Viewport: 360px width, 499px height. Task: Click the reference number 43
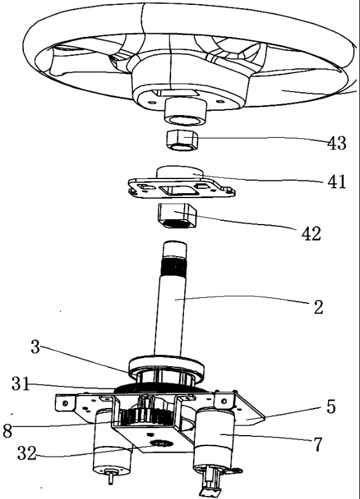click(337, 143)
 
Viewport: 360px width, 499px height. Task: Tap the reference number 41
click(337, 182)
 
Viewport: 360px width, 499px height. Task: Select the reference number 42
click(311, 234)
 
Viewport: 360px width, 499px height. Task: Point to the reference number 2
click(318, 307)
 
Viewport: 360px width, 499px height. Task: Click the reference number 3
click(35, 346)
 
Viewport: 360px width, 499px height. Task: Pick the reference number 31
click(21, 384)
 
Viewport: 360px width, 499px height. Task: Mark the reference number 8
click(7, 431)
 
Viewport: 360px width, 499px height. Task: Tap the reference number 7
click(318, 445)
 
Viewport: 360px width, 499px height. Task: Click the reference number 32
click(26, 453)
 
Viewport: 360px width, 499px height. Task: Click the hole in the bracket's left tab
click(65, 403)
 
